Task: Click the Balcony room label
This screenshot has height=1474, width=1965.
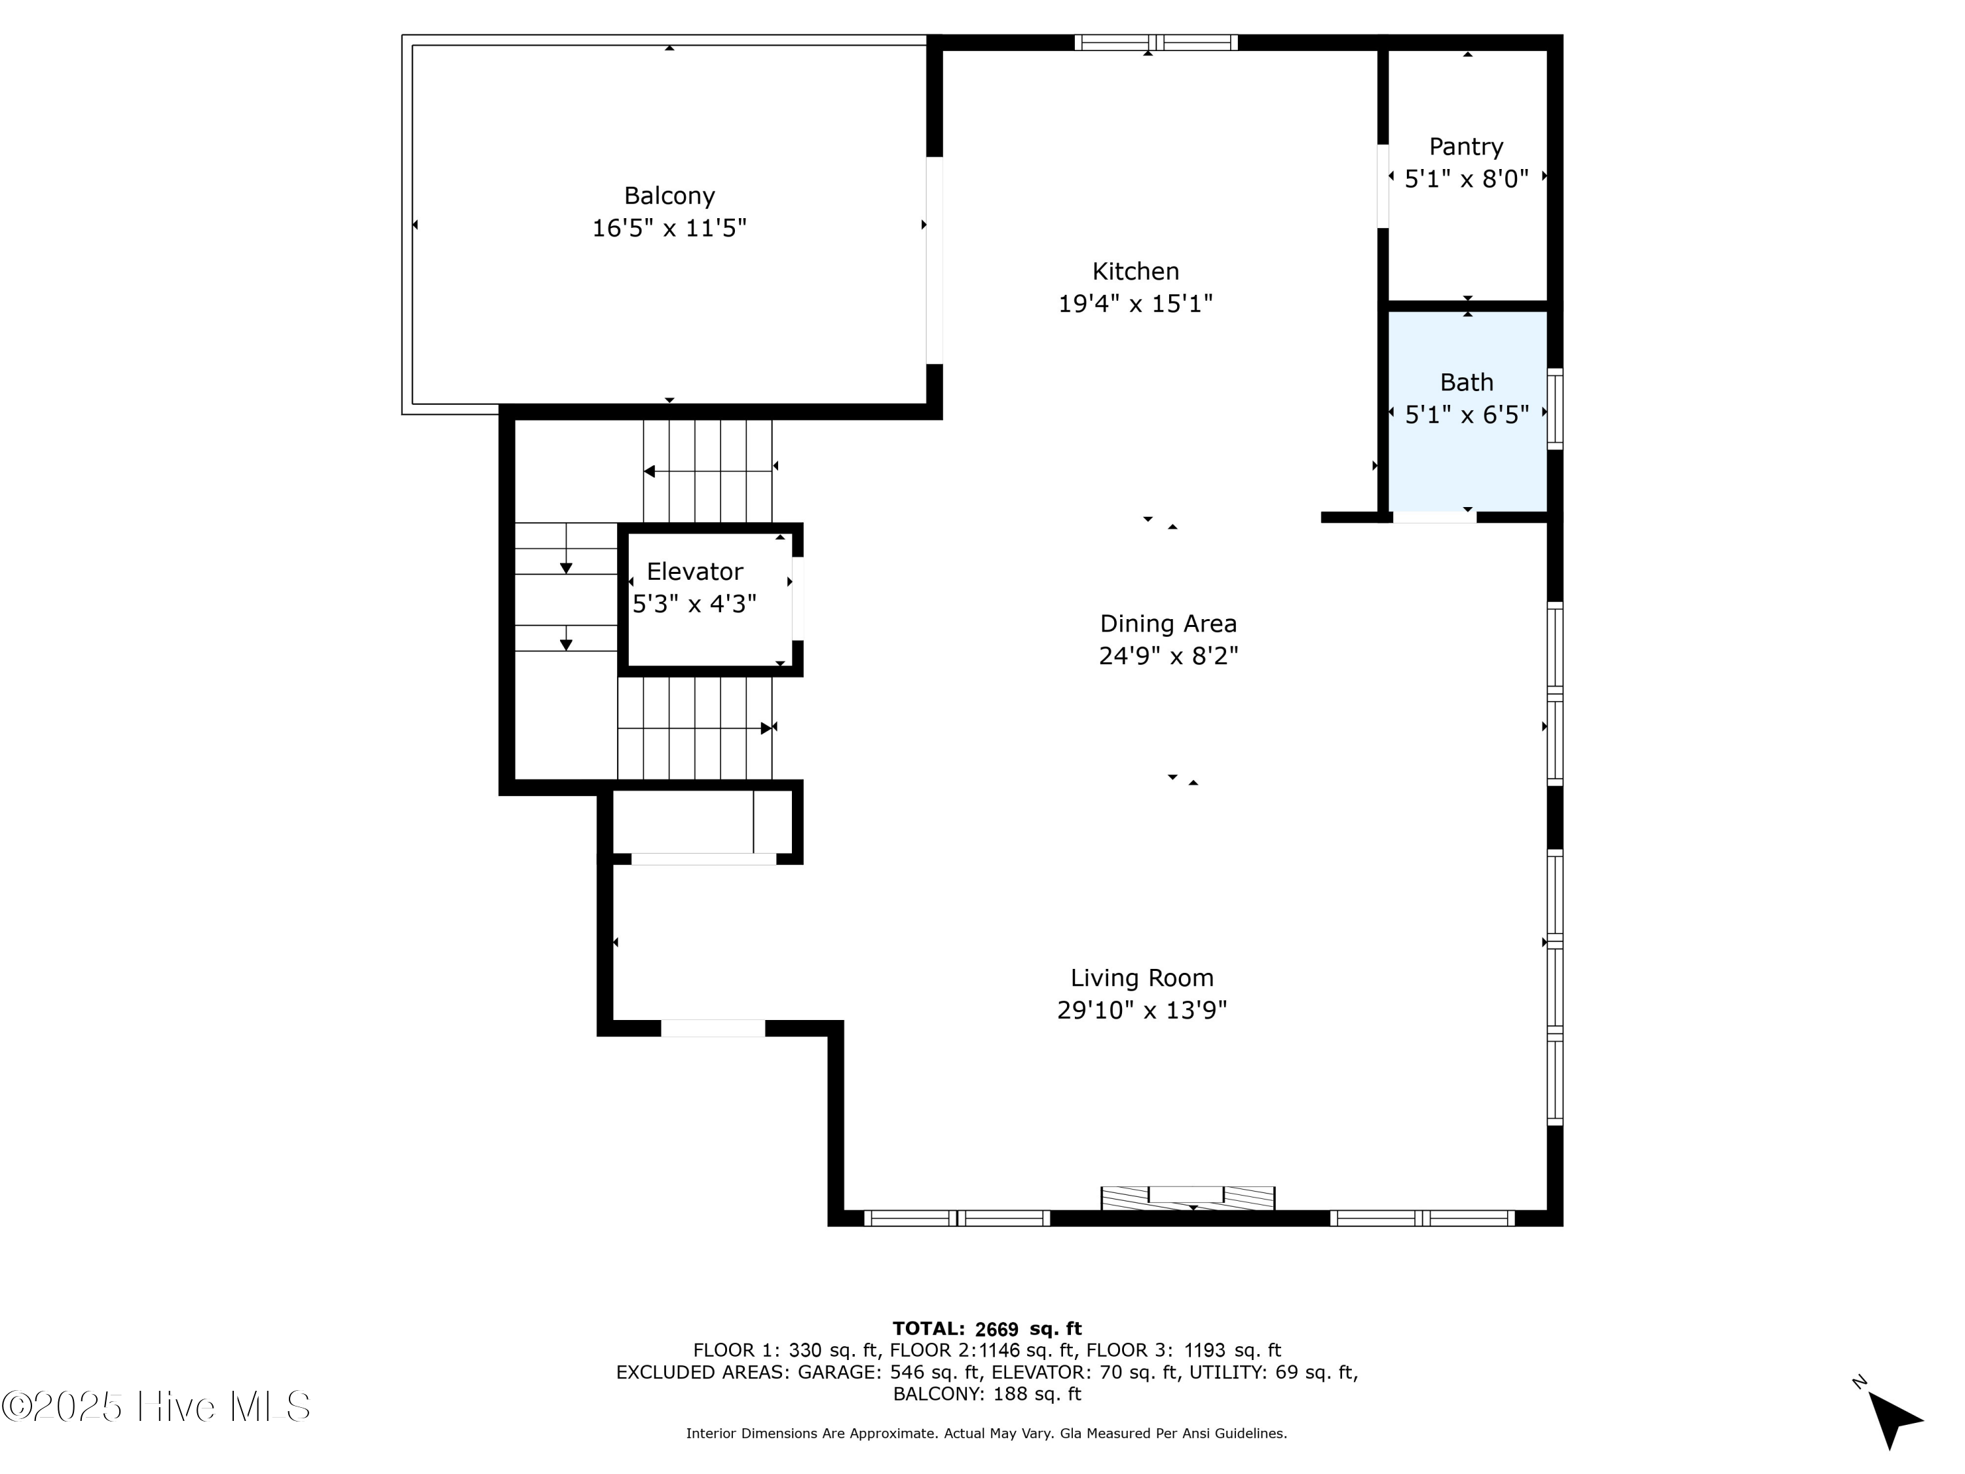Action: pos(669,195)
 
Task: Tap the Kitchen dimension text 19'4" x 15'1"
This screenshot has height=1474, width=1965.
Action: pos(1135,304)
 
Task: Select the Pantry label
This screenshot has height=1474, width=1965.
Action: pos(1466,147)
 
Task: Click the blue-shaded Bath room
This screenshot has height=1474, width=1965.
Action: pos(1468,411)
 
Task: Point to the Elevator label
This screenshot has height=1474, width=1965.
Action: pos(695,571)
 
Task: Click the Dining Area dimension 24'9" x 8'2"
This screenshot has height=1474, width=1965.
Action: pos(1168,656)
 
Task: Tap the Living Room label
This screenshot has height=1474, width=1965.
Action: pos(1142,978)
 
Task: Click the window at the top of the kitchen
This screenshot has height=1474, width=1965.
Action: pos(1155,43)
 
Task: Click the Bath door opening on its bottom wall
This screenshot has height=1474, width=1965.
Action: pos(1434,517)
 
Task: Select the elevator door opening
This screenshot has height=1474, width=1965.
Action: pos(798,598)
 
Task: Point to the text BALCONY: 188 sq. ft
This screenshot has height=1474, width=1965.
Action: pos(987,1394)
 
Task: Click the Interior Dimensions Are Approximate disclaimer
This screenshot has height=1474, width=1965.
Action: pos(986,1433)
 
